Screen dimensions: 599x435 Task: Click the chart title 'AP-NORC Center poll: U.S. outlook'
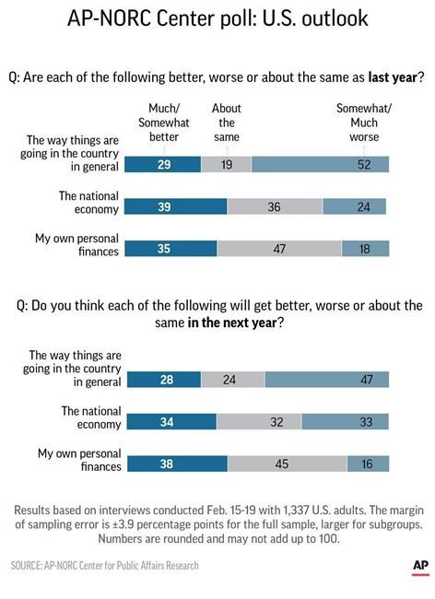[x=217, y=21]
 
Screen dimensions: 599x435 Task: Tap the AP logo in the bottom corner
[x=419, y=565]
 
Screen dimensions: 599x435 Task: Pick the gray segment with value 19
[x=226, y=165]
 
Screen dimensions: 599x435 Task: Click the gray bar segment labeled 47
[x=279, y=249]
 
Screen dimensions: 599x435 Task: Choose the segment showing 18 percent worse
[x=365, y=249]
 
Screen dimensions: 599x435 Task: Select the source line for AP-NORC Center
[x=105, y=565]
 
